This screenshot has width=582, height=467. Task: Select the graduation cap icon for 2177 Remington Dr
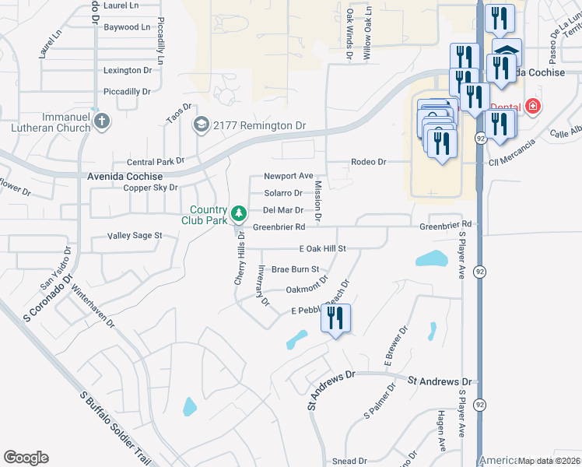pyautogui.click(x=202, y=125)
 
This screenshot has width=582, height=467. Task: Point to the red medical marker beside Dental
pyautogui.click(x=533, y=106)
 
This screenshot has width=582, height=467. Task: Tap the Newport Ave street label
pyautogui.click(x=288, y=176)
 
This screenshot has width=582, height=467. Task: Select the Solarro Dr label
pyautogui.click(x=283, y=193)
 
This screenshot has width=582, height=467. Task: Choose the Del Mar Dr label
pyautogui.click(x=282, y=210)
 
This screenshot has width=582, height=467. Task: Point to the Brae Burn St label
pyautogui.click(x=295, y=269)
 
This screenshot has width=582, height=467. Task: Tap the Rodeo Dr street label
pyautogui.click(x=369, y=162)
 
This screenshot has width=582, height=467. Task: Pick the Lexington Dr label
pyautogui.click(x=127, y=70)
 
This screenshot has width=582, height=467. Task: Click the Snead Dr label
pyautogui.click(x=349, y=462)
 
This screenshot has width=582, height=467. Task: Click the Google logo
pyautogui.click(x=26, y=458)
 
